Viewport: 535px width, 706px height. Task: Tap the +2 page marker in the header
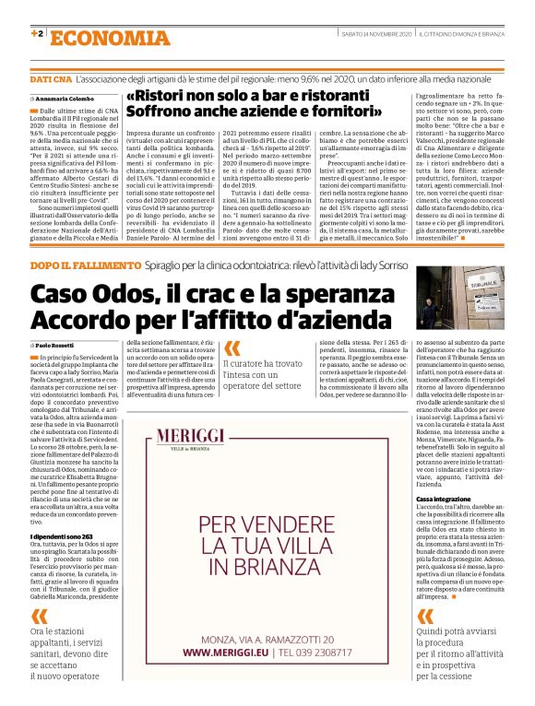click(x=37, y=34)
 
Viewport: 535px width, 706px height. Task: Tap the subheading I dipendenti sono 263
click(x=62, y=536)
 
